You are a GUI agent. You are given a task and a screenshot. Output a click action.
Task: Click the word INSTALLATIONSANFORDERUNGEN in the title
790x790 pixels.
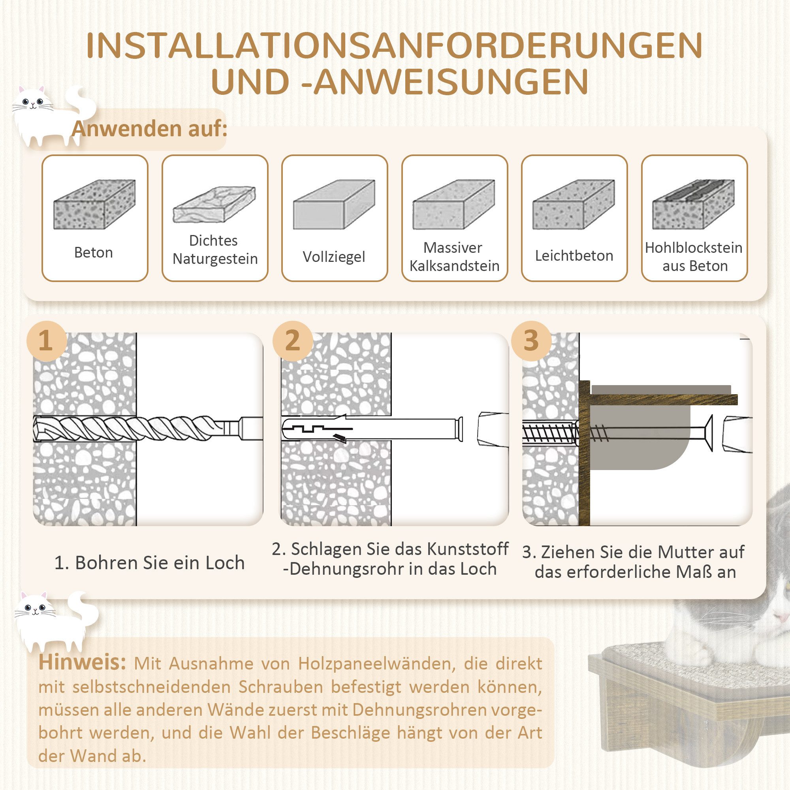coord(394,46)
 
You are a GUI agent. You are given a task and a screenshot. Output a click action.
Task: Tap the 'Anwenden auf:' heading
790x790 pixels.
coord(149,129)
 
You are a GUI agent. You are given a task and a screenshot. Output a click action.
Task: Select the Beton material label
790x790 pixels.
coord(93,253)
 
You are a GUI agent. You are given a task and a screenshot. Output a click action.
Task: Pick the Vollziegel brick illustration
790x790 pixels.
coord(334,205)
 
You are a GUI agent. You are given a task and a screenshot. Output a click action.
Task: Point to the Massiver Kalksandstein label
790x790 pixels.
coord(454,257)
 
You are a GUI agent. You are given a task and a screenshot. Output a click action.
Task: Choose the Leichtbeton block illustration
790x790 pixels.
coord(573,205)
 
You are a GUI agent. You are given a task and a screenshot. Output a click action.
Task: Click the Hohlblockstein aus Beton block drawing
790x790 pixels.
coord(694,205)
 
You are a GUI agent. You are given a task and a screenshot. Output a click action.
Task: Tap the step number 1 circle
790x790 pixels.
coord(46,340)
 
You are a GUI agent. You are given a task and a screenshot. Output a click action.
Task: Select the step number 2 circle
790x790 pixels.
coord(292,340)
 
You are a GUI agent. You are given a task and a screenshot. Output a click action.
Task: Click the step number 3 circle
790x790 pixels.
coord(531,340)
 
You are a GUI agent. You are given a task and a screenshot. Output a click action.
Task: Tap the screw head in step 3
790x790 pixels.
coord(710,433)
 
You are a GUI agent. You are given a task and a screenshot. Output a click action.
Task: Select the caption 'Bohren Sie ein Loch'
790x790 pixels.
coord(150,563)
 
